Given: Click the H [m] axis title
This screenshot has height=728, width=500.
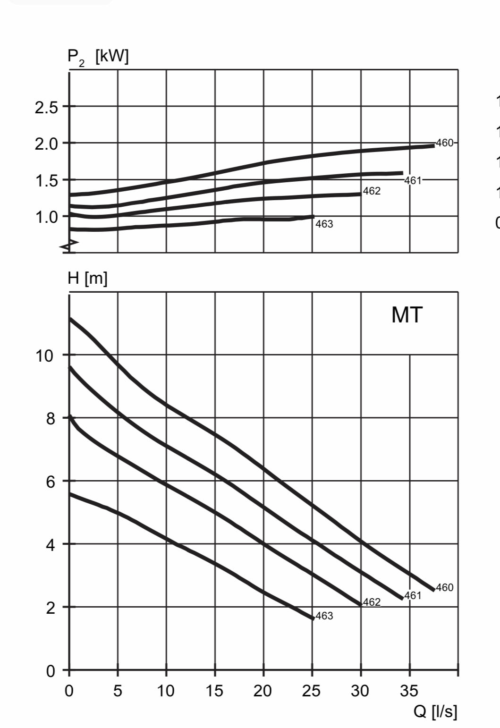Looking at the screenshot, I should click(87, 279).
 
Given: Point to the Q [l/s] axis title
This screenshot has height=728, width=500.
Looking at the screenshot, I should click(435, 711).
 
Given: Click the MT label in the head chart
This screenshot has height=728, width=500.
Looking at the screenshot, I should click(407, 315).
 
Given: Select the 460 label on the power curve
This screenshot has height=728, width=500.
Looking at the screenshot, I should click(444, 143).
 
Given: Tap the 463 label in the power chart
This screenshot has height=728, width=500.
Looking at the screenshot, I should click(324, 224).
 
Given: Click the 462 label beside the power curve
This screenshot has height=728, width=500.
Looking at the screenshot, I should click(372, 191).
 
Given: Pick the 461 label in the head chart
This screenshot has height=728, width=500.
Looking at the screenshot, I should click(413, 595).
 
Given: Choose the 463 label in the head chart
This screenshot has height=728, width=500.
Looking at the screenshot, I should click(324, 616).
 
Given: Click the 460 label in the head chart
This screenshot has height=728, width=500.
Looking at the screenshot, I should click(444, 587).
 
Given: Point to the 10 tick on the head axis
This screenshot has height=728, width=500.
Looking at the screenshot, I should click(45, 356).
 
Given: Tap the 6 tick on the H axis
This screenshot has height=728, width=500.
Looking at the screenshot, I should click(51, 482).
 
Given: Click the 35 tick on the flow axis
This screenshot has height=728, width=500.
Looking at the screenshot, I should click(409, 691).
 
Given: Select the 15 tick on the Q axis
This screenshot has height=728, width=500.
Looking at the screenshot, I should click(214, 691).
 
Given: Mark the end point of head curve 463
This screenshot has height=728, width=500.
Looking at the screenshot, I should click(313, 618).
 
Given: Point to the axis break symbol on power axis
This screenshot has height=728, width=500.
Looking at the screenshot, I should click(69, 244).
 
